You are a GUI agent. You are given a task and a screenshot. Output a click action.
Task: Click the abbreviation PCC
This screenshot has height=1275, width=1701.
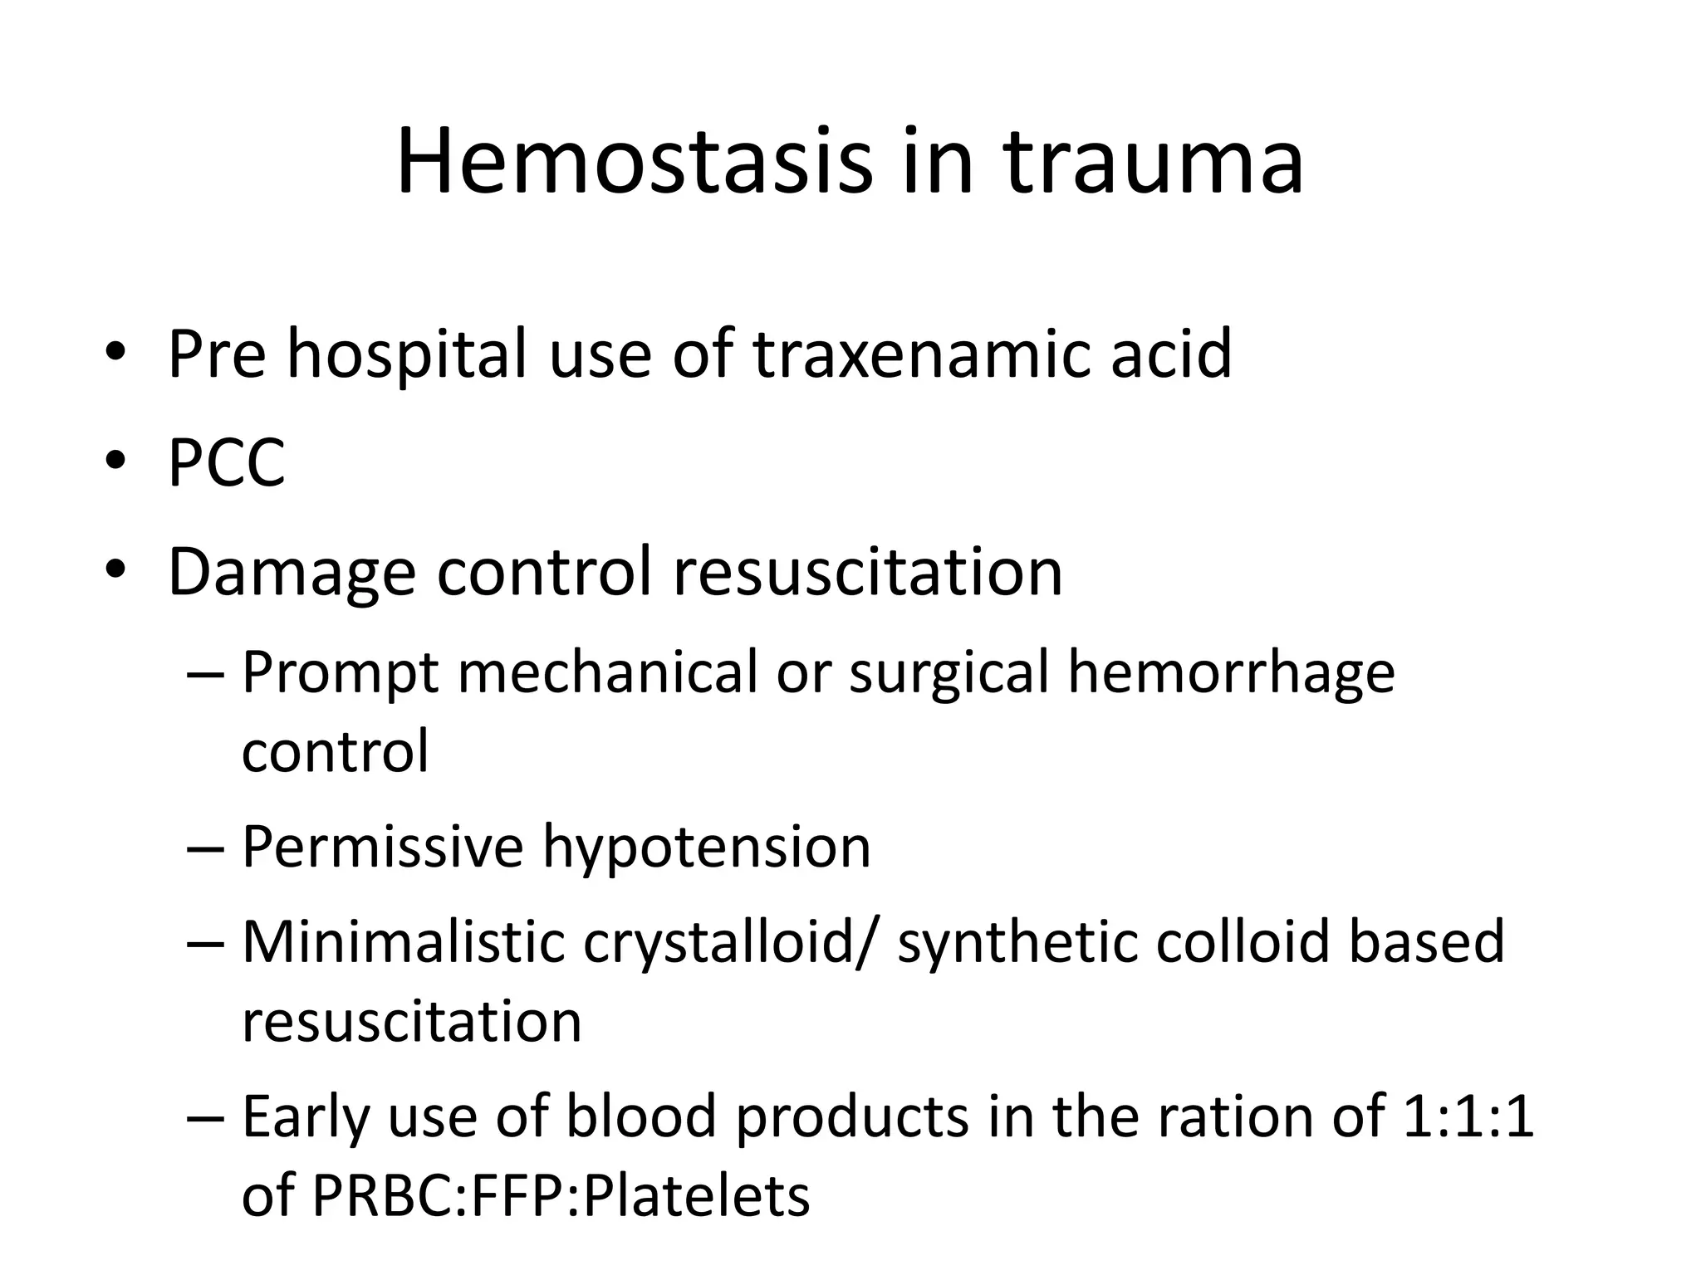226,462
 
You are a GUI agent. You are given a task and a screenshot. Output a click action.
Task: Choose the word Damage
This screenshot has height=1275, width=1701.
292,573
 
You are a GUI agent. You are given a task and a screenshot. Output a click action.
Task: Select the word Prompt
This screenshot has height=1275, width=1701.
340,673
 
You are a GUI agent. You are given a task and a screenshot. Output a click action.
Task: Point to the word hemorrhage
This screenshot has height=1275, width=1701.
1231,673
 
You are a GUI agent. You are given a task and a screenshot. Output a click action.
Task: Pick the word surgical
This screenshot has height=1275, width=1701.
949,673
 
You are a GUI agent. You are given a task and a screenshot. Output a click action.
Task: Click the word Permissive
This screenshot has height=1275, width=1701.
382,848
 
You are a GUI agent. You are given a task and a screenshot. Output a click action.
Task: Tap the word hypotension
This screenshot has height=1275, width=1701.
707,848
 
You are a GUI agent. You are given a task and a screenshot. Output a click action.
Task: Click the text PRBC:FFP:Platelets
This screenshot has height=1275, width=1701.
561,1196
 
